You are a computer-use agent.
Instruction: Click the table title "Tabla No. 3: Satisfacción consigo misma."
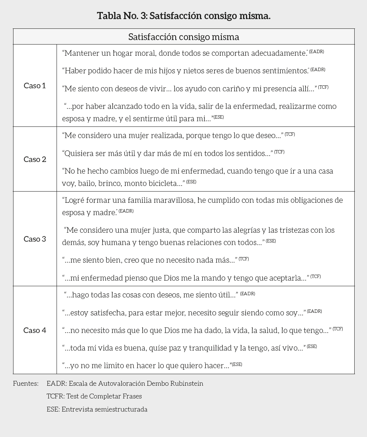pyautogui.click(x=183, y=16)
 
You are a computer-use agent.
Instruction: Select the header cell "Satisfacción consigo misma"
pyautogui.click(x=183, y=37)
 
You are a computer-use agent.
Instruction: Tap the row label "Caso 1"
pyautogui.click(x=35, y=86)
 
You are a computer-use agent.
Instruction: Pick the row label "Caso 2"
pyautogui.click(x=35, y=159)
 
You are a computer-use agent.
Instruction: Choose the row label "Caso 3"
pyautogui.click(x=35, y=239)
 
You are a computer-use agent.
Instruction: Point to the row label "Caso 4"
pyautogui.click(x=35, y=330)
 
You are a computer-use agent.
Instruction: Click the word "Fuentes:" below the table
pyautogui.click(x=26, y=383)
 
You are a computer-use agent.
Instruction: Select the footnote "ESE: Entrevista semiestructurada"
pyautogui.click(x=97, y=409)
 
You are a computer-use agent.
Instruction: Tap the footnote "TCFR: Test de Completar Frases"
pyautogui.click(x=94, y=396)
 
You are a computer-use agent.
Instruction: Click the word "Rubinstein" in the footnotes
pyautogui.click(x=187, y=383)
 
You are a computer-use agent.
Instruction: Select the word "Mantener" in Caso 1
pyautogui.click(x=79, y=53)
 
